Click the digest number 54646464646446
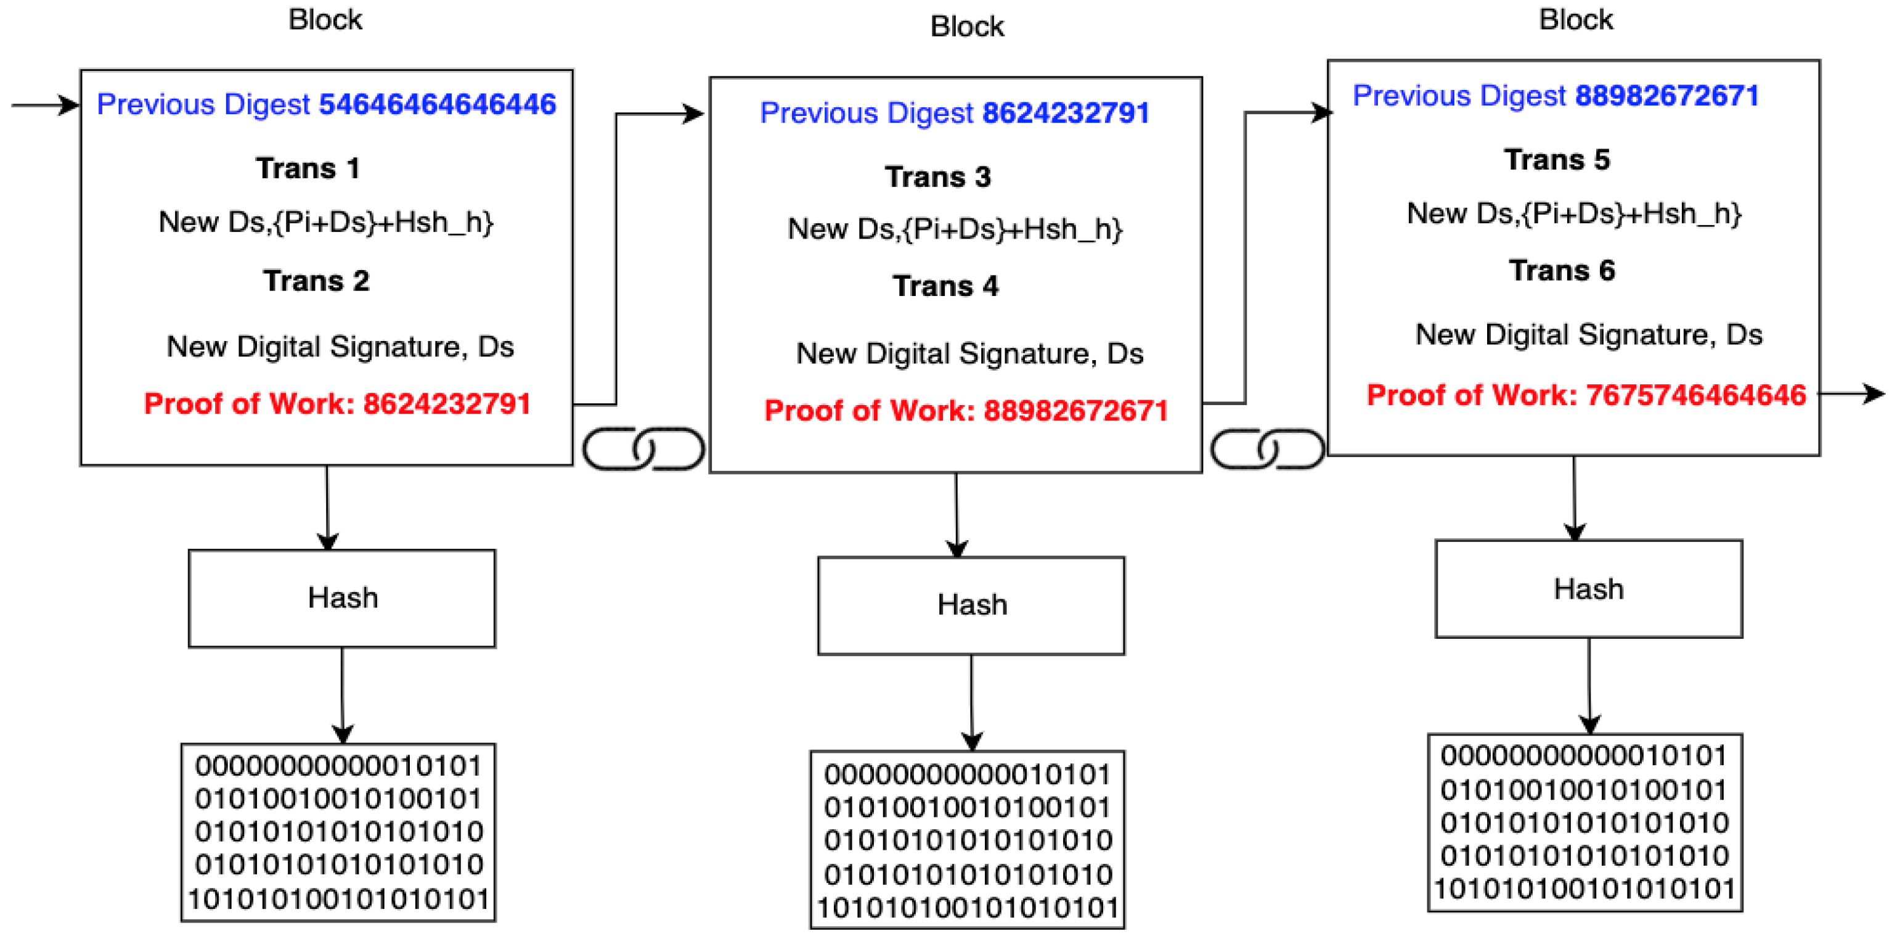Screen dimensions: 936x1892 pyautogui.click(x=437, y=104)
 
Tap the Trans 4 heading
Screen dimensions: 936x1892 pyautogui.click(x=945, y=286)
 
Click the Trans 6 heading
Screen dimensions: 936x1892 pyautogui.click(x=1562, y=270)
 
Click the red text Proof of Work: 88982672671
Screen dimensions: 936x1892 pyautogui.click(x=966, y=411)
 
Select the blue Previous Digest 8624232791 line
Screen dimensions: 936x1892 pyautogui.click(x=954, y=113)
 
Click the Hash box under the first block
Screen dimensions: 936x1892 pyautogui.click(x=342, y=598)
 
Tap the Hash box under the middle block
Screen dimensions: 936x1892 pyautogui.click(x=971, y=606)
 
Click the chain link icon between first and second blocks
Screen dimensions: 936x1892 pyautogui.click(x=643, y=448)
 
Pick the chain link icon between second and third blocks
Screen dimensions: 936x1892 pyautogui.click(x=1267, y=448)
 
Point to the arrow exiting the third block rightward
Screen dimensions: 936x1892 pyautogui.click(x=1851, y=395)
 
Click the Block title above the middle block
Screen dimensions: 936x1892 pyautogui.click(x=966, y=27)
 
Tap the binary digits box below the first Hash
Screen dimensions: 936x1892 pyautogui.click(x=338, y=832)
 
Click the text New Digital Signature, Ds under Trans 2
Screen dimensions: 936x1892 pyautogui.click(x=340, y=346)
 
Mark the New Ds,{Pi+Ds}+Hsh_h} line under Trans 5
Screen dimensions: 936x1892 pyautogui.click(x=1574, y=213)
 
